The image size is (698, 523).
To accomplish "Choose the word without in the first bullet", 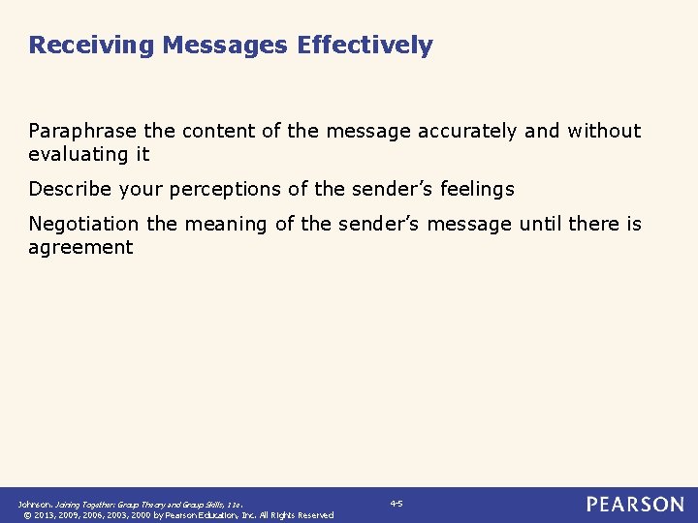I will pyautogui.click(x=604, y=131).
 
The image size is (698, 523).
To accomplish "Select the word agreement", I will pyautogui.click(x=80, y=247).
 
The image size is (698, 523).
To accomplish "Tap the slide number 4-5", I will pyautogui.click(x=396, y=504).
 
